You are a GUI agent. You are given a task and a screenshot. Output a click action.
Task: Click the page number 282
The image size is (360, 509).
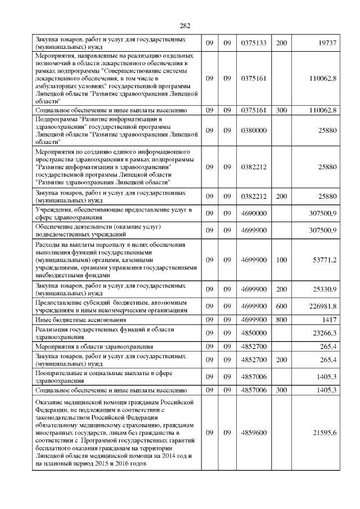click(186, 25)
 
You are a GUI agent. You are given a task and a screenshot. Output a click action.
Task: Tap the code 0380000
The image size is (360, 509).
click(253, 130)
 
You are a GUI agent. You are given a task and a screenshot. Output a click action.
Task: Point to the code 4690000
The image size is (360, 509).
click(253, 214)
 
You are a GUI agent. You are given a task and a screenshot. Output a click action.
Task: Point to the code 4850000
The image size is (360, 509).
click(253, 333)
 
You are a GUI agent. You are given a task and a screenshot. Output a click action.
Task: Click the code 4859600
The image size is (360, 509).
click(253, 432)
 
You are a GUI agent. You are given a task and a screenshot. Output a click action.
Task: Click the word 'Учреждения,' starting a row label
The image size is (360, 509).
click(53, 210)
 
